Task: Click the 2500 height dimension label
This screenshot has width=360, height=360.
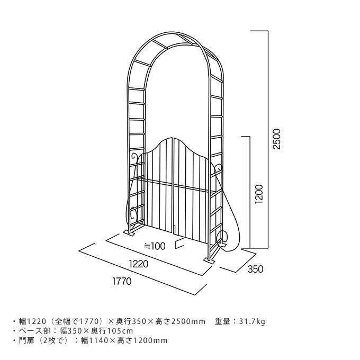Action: pos(276,139)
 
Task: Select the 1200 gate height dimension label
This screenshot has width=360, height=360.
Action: pos(259,194)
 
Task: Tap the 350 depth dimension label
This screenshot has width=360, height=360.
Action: pos(255,269)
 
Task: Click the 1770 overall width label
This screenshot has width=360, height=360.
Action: pos(122,282)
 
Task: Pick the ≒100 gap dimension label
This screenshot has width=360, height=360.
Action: pos(155,246)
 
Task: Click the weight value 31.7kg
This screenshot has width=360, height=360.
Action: pos(251,321)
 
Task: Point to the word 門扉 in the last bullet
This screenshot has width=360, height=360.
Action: pos(26,340)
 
